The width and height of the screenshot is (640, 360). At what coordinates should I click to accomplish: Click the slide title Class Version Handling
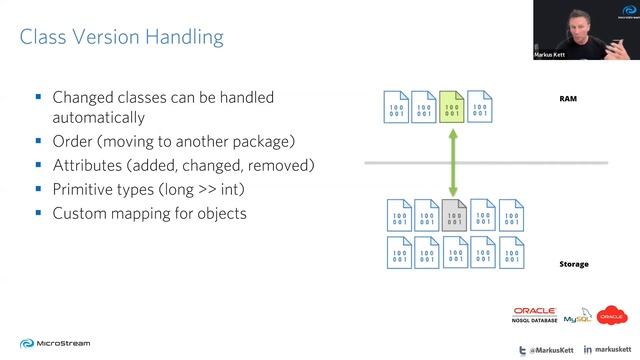(x=121, y=39)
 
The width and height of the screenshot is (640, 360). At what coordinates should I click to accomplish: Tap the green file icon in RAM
(x=452, y=106)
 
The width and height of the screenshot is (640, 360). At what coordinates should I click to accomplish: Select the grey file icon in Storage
(x=454, y=215)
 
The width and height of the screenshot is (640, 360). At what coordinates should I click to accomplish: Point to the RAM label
(x=568, y=99)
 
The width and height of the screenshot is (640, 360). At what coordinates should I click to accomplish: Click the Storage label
(x=573, y=264)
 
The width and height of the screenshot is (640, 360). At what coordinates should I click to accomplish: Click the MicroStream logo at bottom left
(x=51, y=343)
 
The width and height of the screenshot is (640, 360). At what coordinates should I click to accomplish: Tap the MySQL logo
(x=577, y=318)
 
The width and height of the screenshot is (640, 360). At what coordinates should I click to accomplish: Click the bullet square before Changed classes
(x=38, y=98)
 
